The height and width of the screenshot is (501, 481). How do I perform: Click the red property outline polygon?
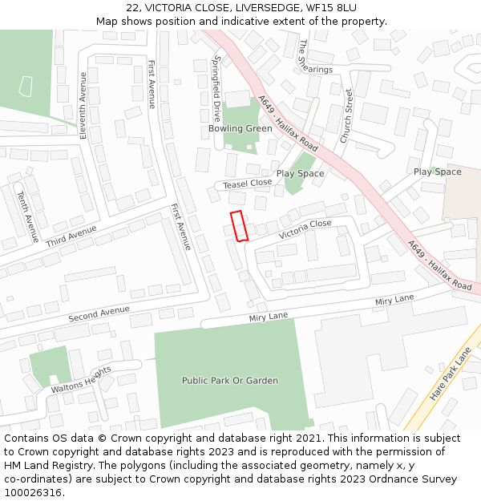click(x=238, y=225)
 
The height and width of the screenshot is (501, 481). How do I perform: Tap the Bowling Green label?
click(x=240, y=128)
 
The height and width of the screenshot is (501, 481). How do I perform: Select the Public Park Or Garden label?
click(x=230, y=381)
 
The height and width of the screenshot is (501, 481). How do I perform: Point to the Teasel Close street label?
click(x=248, y=184)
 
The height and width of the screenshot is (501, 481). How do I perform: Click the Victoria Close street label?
click(x=305, y=230)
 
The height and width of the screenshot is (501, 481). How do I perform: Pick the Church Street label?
click(x=347, y=117)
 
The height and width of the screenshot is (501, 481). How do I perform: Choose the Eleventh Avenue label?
click(x=83, y=105)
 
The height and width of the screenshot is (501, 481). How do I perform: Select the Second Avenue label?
click(x=99, y=313)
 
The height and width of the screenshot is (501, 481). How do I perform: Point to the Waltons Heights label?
click(x=80, y=380)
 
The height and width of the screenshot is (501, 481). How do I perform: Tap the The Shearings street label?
click(x=313, y=58)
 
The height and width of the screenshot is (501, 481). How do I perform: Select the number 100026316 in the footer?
click(x=32, y=492)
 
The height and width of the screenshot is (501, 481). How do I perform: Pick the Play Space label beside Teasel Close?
click(x=301, y=173)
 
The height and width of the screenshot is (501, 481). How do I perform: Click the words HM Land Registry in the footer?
click(x=47, y=465)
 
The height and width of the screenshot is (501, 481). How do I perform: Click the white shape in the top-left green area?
click(x=26, y=87)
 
